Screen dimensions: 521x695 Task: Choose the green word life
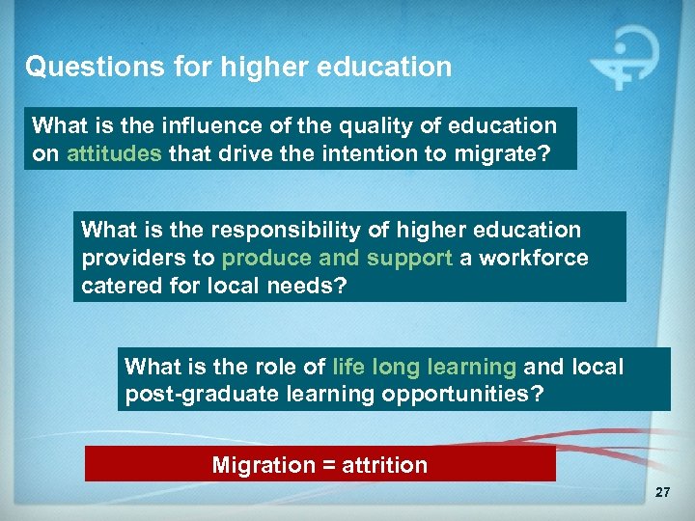(x=348, y=367)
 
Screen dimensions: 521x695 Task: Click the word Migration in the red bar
(x=260, y=465)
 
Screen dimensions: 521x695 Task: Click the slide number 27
(x=661, y=494)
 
